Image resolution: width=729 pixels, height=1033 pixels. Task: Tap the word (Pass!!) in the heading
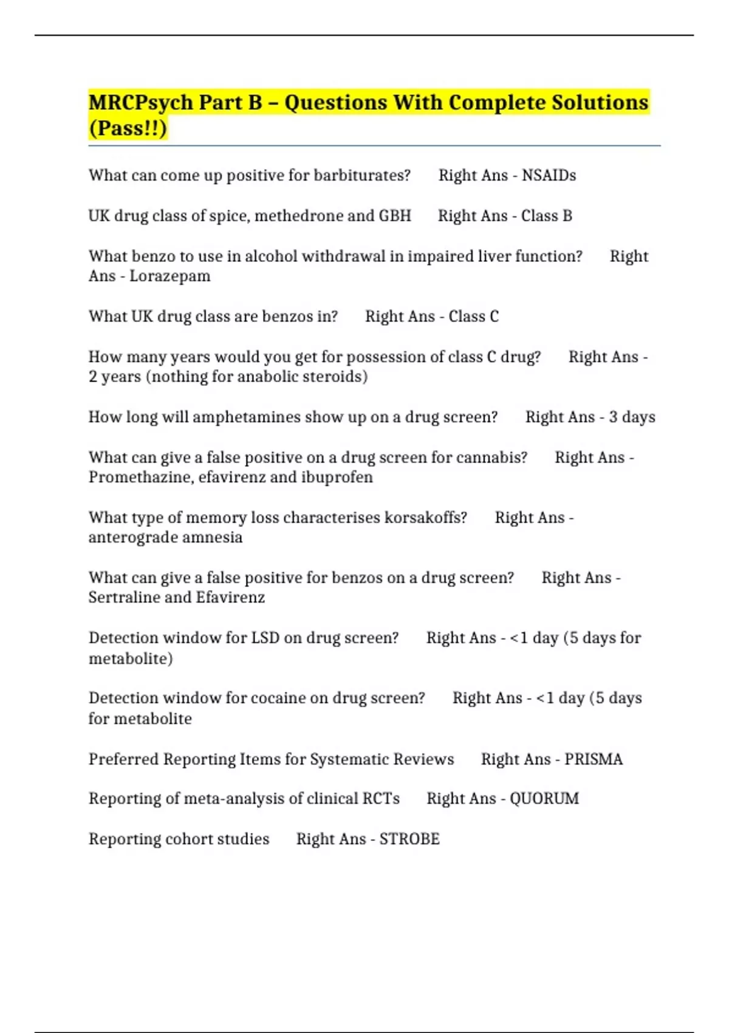tap(128, 129)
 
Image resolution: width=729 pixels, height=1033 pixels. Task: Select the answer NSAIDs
tap(549, 176)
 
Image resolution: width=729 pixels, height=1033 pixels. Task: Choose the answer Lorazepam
tap(169, 276)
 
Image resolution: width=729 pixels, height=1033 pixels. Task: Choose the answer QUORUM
tap(544, 798)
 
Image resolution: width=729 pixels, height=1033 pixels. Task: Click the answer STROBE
tap(409, 839)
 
